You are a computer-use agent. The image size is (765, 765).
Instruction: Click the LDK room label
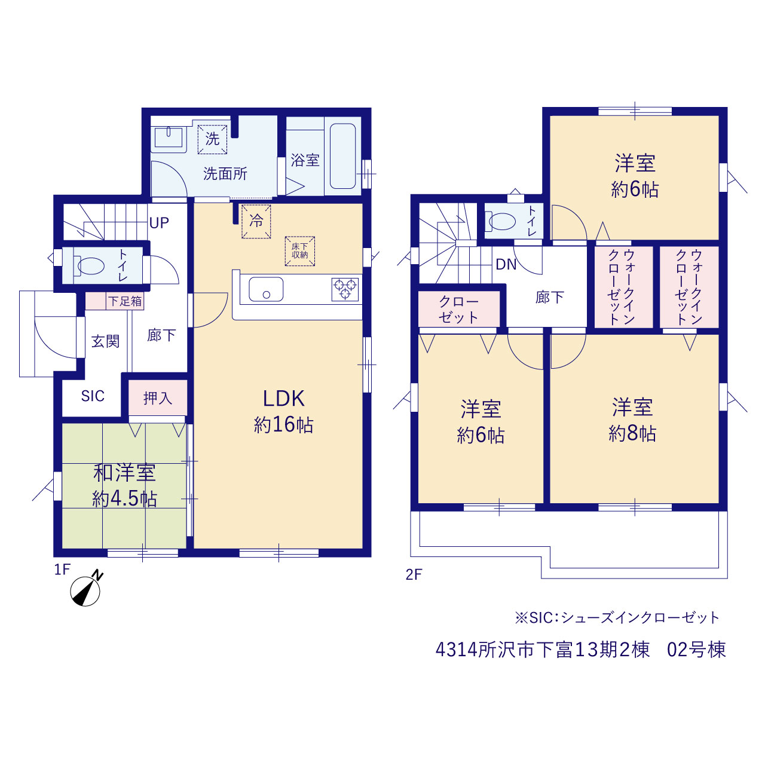tap(283, 399)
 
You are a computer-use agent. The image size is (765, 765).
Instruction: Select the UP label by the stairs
tap(159, 223)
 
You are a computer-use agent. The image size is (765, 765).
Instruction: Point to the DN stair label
tap(506, 264)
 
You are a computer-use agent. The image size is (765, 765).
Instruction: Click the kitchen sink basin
tap(266, 289)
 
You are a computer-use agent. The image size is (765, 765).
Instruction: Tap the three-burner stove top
tap(345, 289)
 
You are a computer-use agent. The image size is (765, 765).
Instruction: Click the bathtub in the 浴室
tap(342, 156)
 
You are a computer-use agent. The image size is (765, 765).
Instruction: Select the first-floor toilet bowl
tap(89, 265)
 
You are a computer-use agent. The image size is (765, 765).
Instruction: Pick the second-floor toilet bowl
tap(500, 221)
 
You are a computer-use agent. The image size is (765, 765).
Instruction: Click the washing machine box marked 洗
tap(212, 139)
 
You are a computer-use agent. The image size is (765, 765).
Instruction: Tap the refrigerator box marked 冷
tap(256, 221)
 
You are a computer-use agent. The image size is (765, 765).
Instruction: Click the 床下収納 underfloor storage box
tap(300, 251)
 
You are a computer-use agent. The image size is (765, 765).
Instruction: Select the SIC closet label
tap(93, 396)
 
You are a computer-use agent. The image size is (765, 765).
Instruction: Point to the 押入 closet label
tap(158, 398)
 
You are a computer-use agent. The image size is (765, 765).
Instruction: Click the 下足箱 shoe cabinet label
tap(125, 301)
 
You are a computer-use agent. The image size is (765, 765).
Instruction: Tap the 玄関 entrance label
tap(105, 341)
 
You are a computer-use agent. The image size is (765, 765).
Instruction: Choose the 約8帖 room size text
tap(632, 433)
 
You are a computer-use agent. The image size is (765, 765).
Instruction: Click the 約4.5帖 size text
tap(125, 499)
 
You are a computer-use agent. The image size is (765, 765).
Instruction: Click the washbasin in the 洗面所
tap(169, 137)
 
